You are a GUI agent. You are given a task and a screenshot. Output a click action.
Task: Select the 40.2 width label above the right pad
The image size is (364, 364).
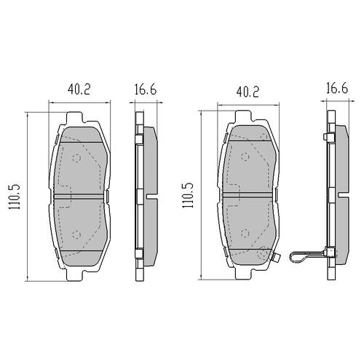tap(248, 92)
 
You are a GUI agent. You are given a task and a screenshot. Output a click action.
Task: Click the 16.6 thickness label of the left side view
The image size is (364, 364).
tap(146, 90)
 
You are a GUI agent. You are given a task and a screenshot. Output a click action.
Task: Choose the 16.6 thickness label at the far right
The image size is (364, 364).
tap(335, 90)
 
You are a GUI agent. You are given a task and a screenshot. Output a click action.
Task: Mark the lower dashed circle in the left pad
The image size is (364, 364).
tap(76, 233)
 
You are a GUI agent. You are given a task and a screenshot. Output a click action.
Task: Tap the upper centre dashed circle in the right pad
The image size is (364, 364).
tap(246, 158)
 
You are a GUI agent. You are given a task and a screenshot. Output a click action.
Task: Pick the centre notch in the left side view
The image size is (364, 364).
tap(149, 196)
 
